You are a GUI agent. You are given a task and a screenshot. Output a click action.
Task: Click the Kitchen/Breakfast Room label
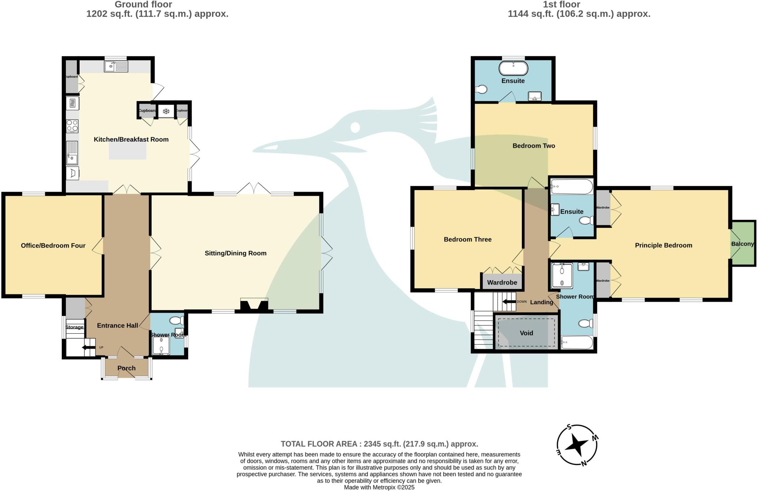(x=131, y=139)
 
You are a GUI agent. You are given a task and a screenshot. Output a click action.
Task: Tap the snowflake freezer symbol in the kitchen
(x=166, y=111)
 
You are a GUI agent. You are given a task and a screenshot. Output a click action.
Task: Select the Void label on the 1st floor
(x=526, y=333)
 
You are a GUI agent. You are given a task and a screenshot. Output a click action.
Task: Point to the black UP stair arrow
(x=89, y=347)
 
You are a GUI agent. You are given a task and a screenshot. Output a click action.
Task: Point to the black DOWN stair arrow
(x=509, y=302)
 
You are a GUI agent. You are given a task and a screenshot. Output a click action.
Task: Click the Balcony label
(x=742, y=244)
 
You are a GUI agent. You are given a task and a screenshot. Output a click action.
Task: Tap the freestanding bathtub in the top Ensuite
(x=513, y=68)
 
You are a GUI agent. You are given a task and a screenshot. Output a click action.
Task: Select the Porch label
(x=127, y=368)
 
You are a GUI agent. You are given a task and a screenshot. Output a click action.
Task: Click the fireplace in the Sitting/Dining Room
(x=254, y=305)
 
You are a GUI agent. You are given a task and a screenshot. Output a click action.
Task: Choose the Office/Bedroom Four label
(x=53, y=246)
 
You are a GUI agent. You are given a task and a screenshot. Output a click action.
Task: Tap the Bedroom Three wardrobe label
(x=502, y=283)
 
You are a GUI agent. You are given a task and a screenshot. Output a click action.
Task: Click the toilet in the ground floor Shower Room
(x=177, y=320)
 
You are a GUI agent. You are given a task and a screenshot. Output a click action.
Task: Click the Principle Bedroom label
(x=663, y=245)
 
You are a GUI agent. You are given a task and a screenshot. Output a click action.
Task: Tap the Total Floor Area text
(x=379, y=444)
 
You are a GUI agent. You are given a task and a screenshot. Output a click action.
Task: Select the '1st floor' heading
(x=561, y=4)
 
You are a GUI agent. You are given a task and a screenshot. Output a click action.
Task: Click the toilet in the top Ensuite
(x=481, y=89)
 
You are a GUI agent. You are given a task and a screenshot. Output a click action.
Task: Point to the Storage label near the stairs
(x=74, y=327)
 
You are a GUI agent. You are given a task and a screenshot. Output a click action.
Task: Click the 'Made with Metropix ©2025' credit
(x=379, y=487)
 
